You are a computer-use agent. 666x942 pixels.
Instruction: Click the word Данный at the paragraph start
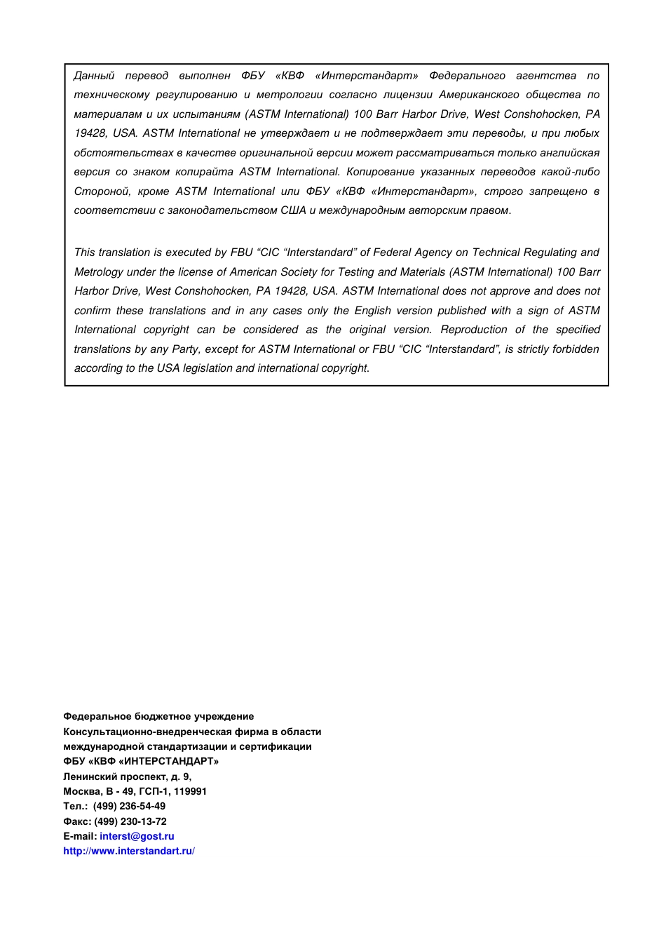click(x=94, y=76)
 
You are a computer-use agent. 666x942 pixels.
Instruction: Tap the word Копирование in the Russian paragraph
click(x=381, y=172)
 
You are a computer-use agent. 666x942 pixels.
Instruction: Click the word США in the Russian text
click(x=293, y=210)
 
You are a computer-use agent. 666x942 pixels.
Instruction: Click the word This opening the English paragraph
click(x=85, y=253)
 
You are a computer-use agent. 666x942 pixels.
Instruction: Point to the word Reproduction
click(x=473, y=330)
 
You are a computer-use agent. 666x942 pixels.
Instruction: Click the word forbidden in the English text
click(x=576, y=349)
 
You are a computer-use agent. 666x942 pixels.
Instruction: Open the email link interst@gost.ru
click(x=137, y=836)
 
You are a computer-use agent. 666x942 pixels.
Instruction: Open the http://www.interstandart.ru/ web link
click(x=128, y=851)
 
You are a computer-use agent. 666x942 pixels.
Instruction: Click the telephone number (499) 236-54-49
click(x=130, y=806)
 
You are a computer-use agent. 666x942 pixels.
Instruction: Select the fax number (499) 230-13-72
click(x=130, y=821)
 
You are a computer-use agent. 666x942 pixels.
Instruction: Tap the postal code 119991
click(x=190, y=791)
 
